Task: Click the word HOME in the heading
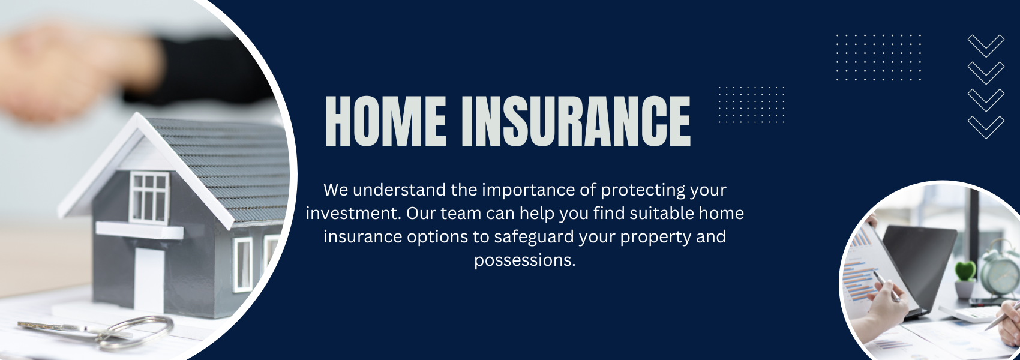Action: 385,121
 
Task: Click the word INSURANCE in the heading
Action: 575,121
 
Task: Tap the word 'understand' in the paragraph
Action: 399,190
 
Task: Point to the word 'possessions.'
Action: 525,261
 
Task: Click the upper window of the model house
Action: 149,197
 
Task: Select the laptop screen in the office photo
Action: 919,266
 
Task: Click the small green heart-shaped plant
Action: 965,271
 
